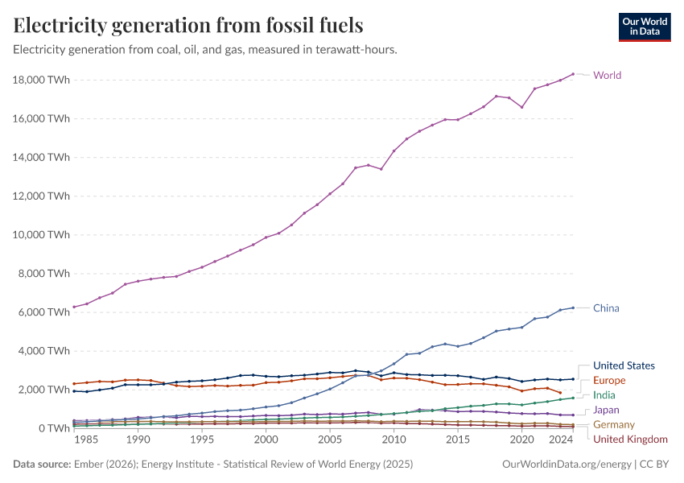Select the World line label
(607, 76)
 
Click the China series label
(606, 308)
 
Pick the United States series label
(624, 365)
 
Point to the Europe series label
(609, 380)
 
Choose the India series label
(604, 395)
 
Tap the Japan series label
(607, 411)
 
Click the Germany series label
(613, 425)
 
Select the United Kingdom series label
(630, 440)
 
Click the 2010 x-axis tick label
(394, 441)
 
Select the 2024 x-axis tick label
(560, 441)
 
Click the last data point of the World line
(573, 74)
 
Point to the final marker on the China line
(573, 308)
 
